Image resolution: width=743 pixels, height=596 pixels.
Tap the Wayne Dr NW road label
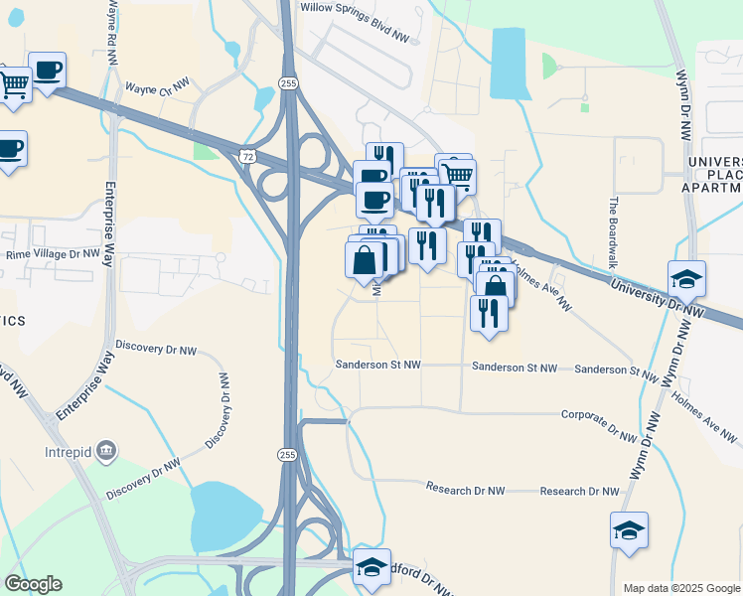[157, 87]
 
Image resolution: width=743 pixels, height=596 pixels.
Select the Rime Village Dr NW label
[53, 253]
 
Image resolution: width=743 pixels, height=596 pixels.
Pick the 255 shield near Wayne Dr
[288, 82]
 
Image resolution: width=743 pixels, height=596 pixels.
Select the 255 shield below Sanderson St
[287, 454]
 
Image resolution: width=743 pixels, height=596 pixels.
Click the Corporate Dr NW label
[598, 423]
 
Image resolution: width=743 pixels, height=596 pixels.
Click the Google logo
[33, 584]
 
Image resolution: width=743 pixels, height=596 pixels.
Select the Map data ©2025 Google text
[681, 588]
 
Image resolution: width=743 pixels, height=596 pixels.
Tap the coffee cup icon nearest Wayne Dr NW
[47, 71]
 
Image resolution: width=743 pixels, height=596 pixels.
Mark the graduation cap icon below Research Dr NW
[629, 531]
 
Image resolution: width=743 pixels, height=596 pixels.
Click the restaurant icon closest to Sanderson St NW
[489, 313]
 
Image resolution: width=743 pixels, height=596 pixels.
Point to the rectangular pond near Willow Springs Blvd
[508, 63]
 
